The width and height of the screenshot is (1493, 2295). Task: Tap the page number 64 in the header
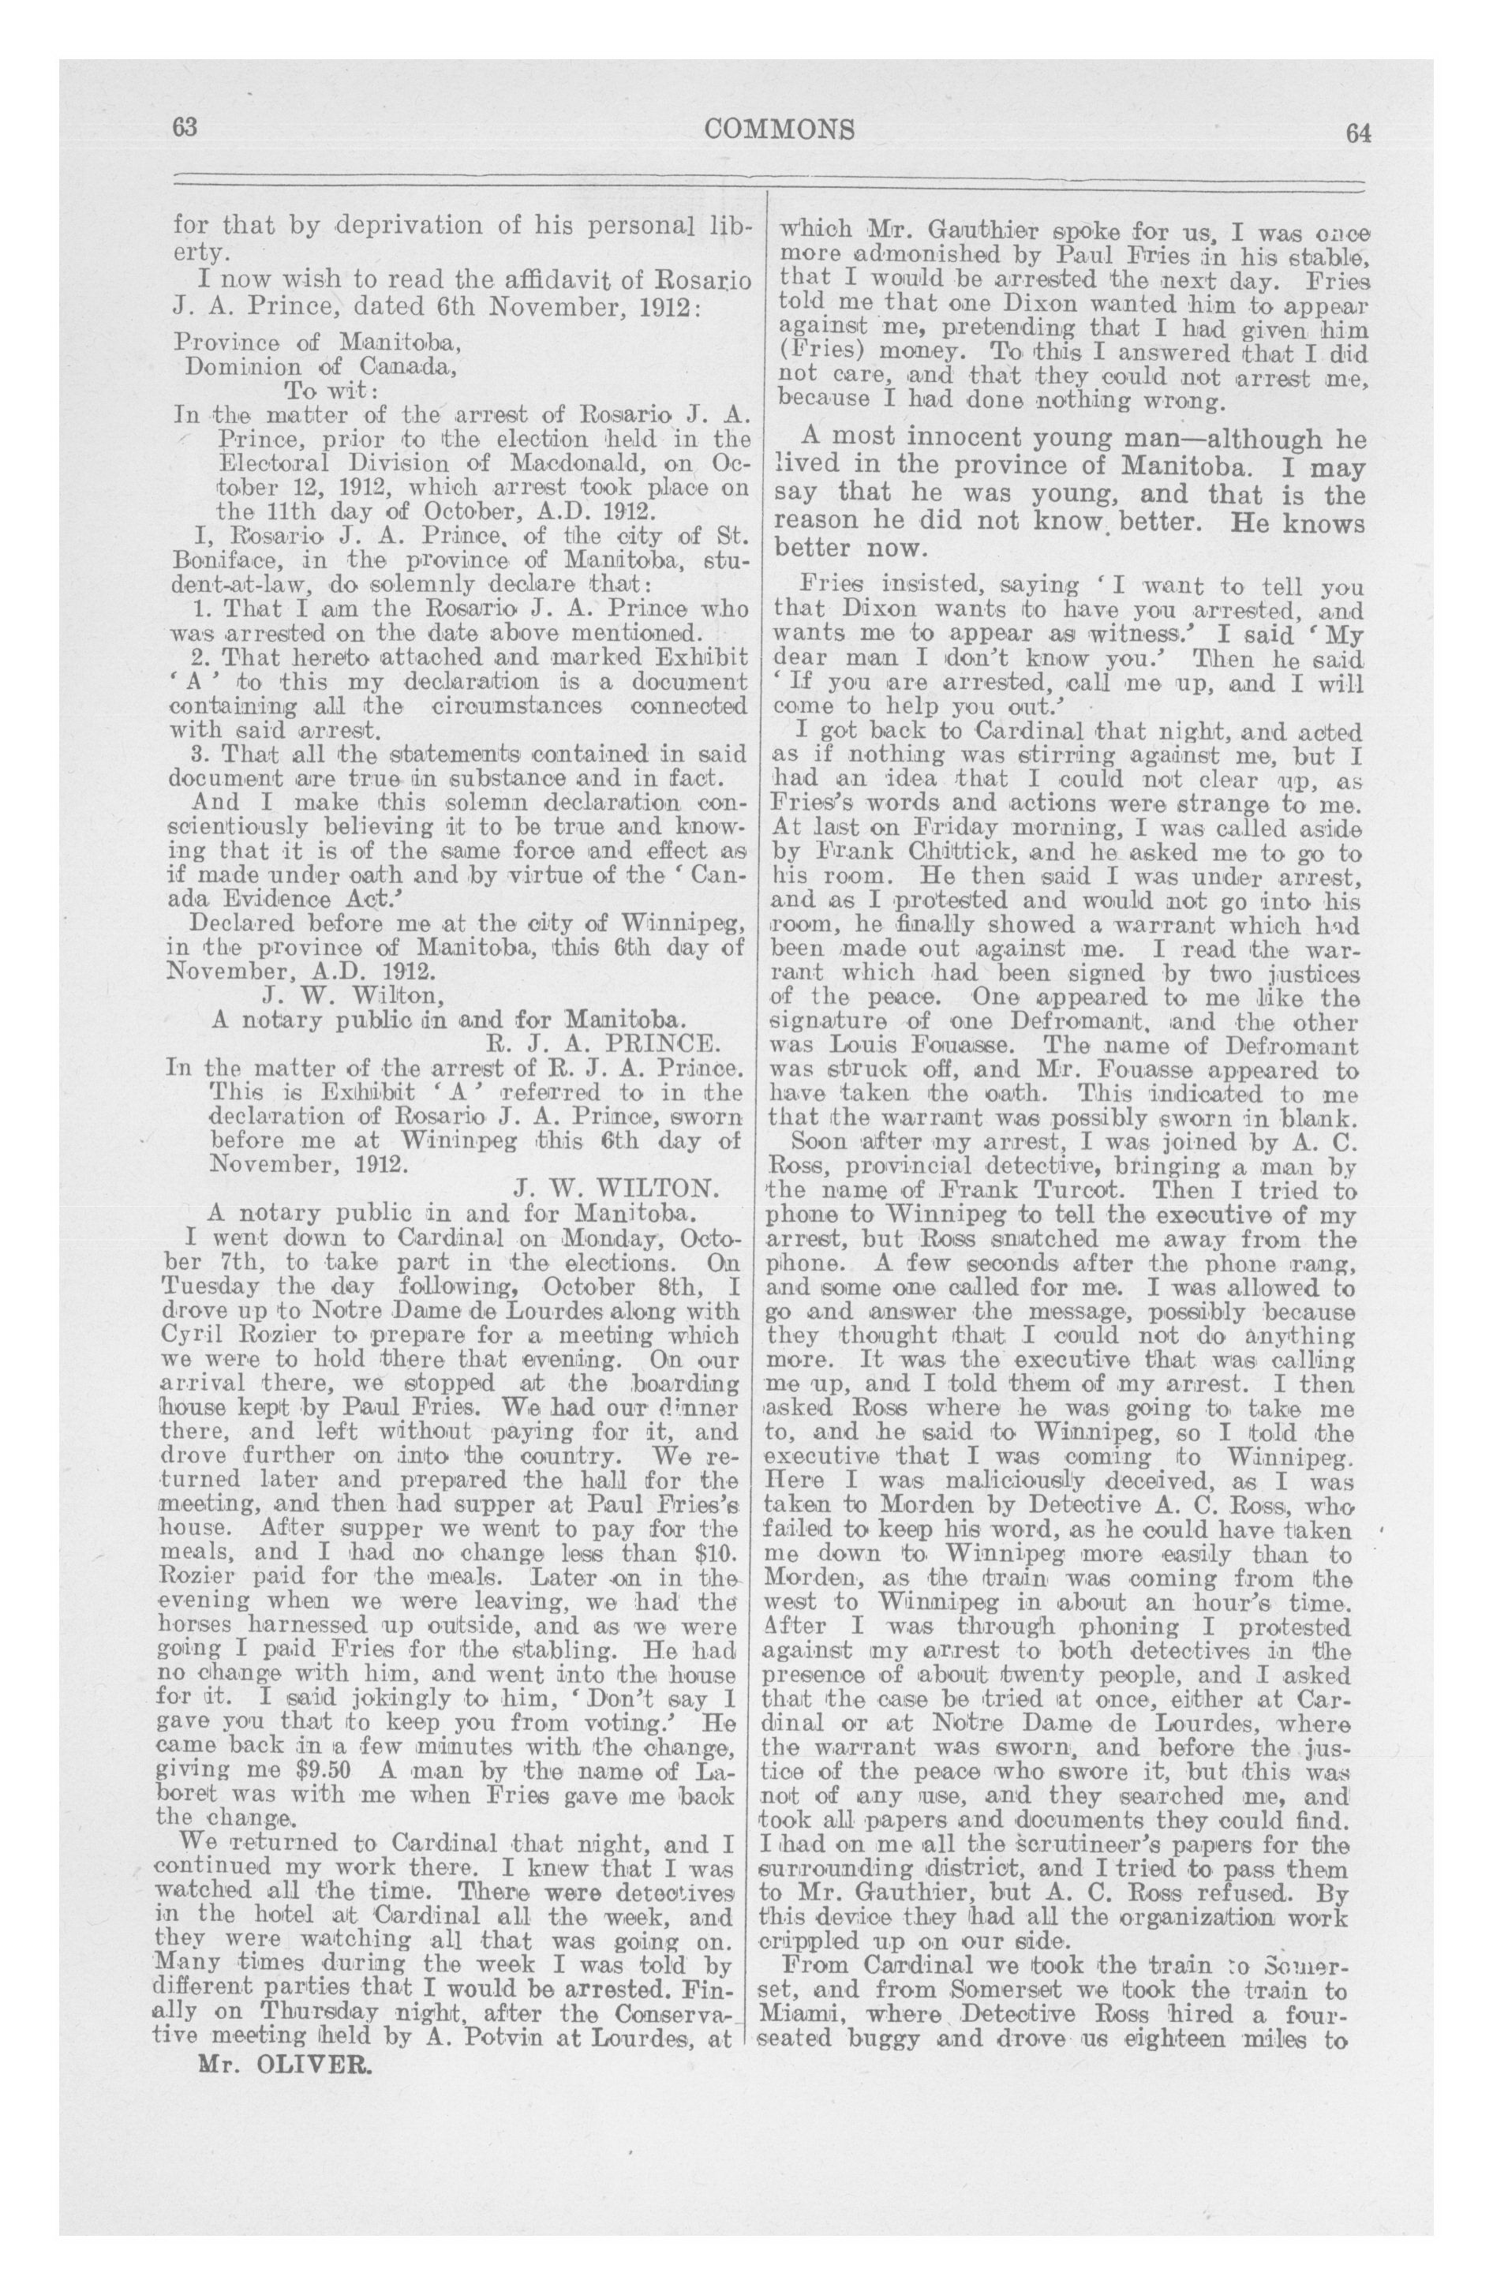1358,133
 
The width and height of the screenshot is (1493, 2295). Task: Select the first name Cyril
195,1335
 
